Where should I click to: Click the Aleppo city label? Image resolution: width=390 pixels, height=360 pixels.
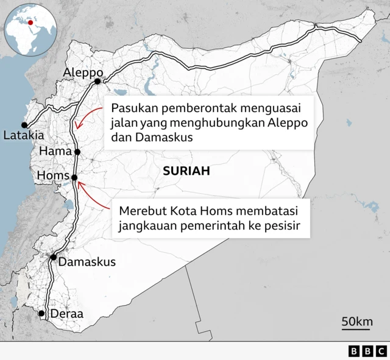click(x=82, y=73)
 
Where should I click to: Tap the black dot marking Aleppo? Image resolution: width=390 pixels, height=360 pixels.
click(x=97, y=81)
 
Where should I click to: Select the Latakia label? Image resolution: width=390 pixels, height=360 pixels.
click(x=23, y=135)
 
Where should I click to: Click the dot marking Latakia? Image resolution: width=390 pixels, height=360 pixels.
click(x=25, y=124)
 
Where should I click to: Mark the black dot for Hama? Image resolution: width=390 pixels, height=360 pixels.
click(x=77, y=152)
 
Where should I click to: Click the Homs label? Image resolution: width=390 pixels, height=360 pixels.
click(x=52, y=176)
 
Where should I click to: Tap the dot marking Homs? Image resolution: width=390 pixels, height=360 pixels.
click(x=74, y=178)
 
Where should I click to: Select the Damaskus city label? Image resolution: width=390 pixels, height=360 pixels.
click(x=87, y=262)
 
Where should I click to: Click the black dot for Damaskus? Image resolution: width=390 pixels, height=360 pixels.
click(x=54, y=258)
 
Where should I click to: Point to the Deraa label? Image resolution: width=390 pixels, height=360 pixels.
click(x=66, y=314)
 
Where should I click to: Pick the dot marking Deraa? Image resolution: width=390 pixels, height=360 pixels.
click(x=41, y=314)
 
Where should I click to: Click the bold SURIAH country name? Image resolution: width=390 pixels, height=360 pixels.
click(x=186, y=172)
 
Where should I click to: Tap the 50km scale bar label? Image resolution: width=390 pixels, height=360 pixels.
click(x=357, y=321)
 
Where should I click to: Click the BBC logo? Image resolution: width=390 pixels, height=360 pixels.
click(x=367, y=351)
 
